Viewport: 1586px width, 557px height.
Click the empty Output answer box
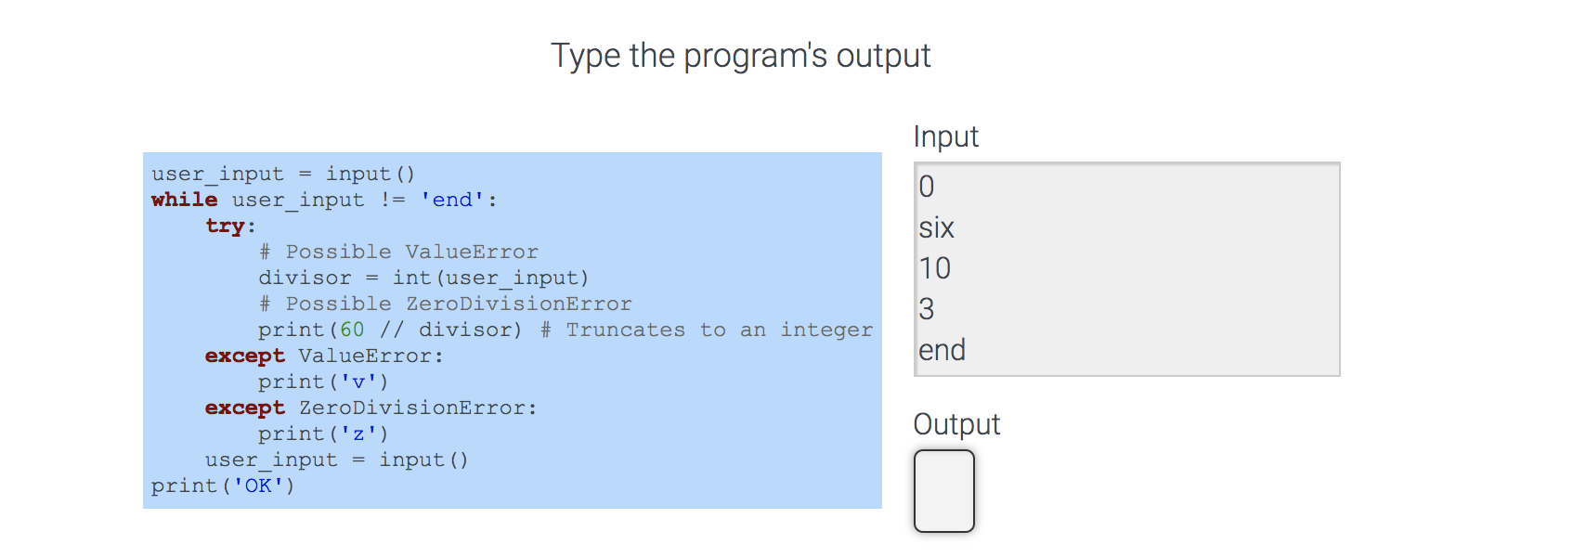[943, 491]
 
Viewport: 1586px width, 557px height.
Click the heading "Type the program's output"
[740, 56]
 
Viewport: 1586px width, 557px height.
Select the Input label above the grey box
[945, 136]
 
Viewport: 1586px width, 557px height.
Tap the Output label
[956, 424]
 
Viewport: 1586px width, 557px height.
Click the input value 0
[927, 187]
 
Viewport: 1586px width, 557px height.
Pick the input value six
[936, 227]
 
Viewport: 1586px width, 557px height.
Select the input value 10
[934, 268]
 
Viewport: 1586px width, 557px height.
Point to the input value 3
[927, 309]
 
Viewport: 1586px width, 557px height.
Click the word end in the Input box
[942, 350]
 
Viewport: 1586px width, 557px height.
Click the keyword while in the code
[184, 200]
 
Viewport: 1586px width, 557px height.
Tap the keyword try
[225, 226]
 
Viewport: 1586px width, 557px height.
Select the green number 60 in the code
[352, 330]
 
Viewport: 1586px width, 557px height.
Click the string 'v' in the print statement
[358, 382]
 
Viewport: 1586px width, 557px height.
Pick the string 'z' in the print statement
[358, 434]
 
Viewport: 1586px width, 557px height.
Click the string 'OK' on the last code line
[258, 486]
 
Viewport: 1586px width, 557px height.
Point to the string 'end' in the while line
[452, 200]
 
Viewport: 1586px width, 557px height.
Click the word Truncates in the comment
[625, 330]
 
